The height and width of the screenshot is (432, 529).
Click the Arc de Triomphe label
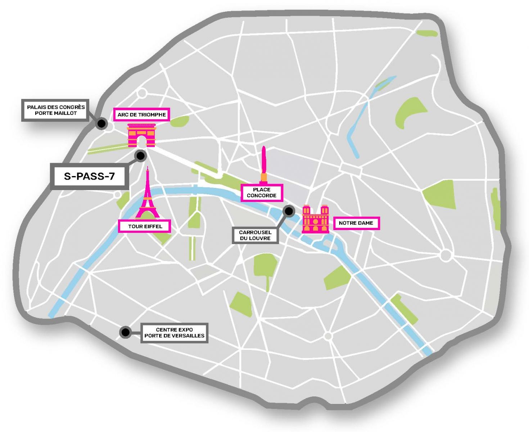[141, 115]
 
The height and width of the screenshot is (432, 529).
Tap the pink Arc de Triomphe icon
[141, 135]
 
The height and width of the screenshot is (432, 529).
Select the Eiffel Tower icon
[147, 196]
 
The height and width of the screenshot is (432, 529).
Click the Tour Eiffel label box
[145, 226]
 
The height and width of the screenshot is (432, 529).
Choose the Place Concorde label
[262, 193]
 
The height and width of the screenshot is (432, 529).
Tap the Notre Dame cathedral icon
[316, 219]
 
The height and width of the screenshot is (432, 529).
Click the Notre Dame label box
[356, 223]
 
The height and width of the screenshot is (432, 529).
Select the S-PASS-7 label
[89, 176]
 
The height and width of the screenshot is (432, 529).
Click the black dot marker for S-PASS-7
[140, 156]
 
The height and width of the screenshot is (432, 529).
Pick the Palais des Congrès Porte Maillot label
[56, 110]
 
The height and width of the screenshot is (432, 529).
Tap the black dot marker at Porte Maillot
[101, 124]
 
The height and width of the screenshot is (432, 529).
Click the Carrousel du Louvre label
[255, 235]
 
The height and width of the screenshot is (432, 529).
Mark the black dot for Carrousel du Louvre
[289, 211]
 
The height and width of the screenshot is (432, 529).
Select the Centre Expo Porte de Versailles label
[174, 333]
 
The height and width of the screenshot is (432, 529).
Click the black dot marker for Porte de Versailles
[125, 332]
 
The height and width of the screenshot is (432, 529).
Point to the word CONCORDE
[262, 195]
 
